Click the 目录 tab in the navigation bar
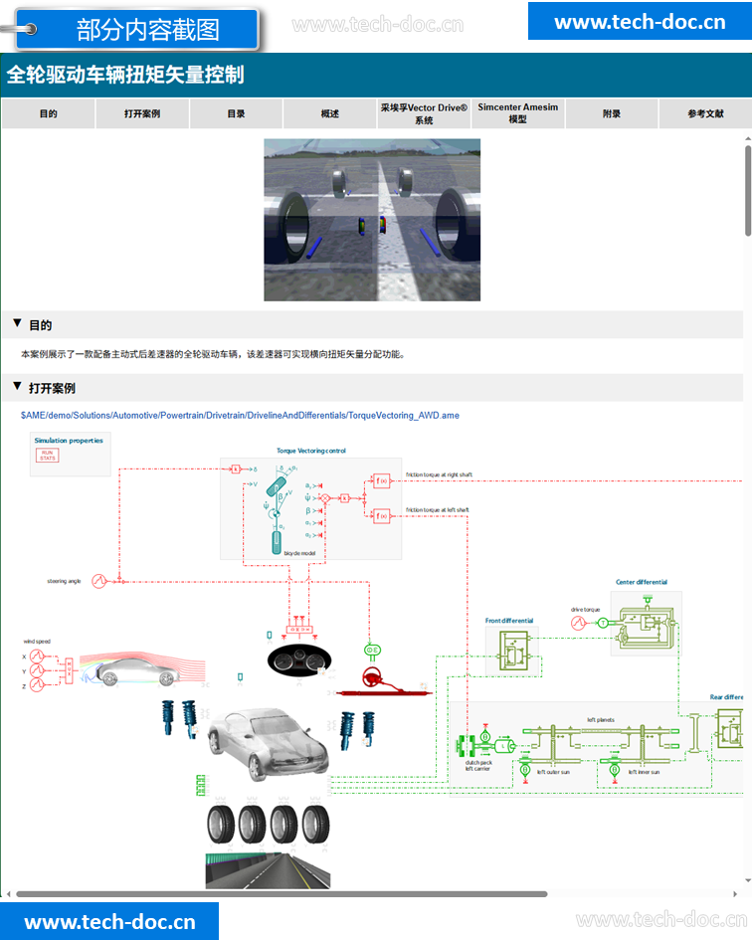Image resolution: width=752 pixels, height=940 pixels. pos(236,113)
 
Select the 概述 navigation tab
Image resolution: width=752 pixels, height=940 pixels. pos(330,113)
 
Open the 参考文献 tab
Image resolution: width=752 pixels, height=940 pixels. pos(705,113)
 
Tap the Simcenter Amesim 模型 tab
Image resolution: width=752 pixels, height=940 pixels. pos(517,113)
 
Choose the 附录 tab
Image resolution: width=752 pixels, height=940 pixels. pos(612,113)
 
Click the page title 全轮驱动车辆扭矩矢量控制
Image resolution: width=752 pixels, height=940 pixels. pos(125,75)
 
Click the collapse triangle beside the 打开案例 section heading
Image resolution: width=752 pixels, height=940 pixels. pos(17,387)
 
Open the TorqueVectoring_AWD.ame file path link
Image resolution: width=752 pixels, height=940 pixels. pos(240,415)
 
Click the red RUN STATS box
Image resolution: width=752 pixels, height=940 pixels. pos(48,456)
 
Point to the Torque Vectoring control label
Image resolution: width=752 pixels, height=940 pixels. pos(311,451)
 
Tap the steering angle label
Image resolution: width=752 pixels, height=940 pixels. pos(63,581)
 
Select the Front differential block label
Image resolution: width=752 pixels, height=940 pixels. pos(509,621)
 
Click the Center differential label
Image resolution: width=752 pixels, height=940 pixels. pos(642,582)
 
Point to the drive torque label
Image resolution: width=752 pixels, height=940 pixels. pos(585,609)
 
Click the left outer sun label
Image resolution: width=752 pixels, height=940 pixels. pos(554,771)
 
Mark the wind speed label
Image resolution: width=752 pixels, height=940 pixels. pos(37,642)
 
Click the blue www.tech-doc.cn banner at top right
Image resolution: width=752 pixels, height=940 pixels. pos(639,22)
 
